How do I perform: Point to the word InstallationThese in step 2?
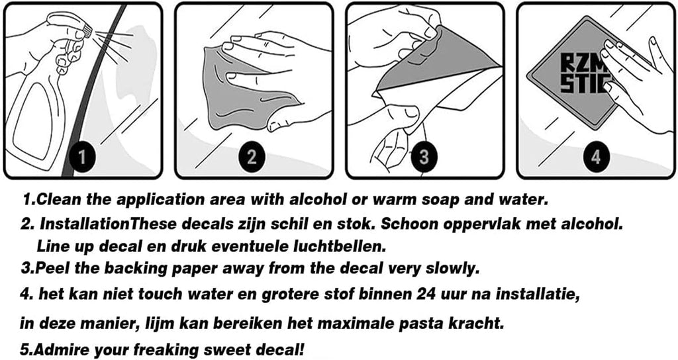click(111, 224)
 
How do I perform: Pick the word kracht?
click(477, 322)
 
